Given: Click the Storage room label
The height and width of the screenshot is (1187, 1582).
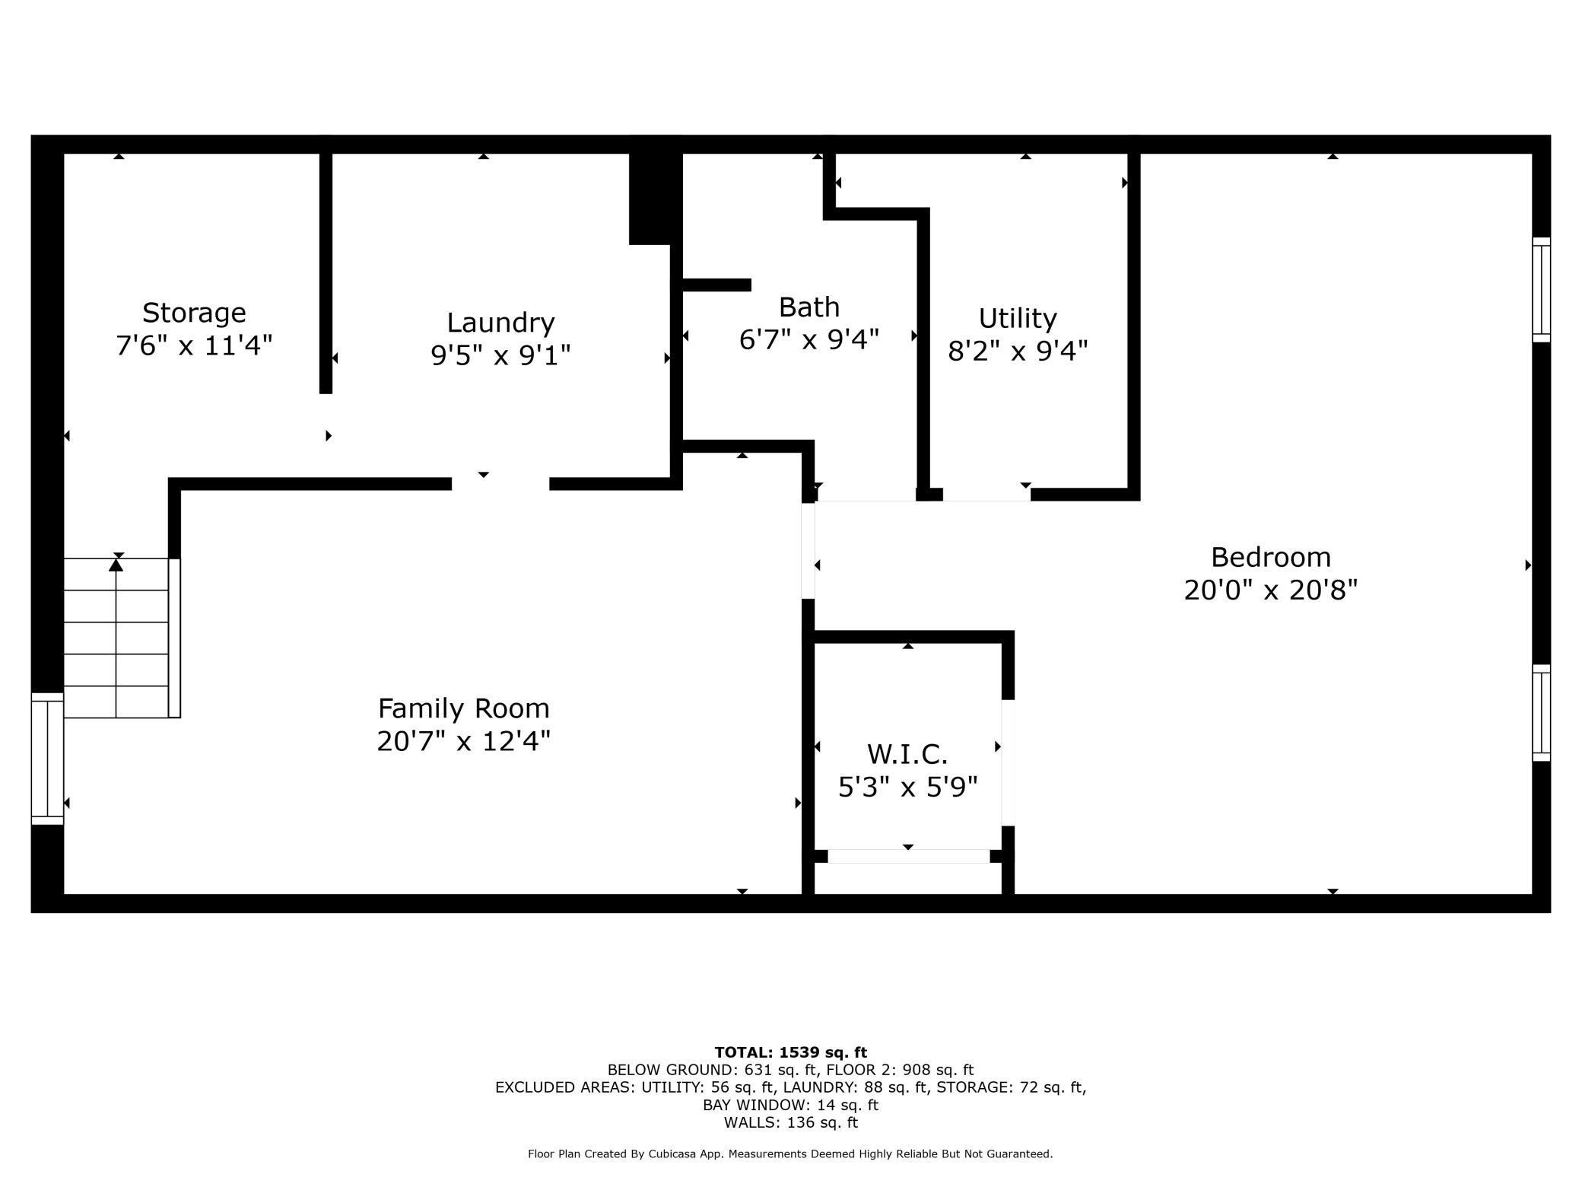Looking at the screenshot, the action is coord(194,313).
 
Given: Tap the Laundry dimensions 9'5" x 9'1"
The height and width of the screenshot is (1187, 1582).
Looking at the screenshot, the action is coord(500,355).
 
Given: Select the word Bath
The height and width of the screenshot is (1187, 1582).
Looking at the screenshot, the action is coord(809,307).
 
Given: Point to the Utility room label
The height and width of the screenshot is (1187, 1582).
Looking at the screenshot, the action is coord(1018,319).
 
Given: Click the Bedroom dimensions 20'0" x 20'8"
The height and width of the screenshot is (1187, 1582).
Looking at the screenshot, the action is coord(1271,590).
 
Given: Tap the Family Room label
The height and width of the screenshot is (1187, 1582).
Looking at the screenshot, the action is coord(463,708).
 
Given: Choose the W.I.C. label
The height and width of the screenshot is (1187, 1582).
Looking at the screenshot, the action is coord(907,754).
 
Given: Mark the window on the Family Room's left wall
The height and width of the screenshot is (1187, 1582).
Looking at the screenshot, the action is coord(47,759).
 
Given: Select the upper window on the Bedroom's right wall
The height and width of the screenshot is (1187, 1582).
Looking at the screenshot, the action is coord(1541,289).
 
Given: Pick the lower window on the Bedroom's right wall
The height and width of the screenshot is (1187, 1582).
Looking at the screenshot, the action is coord(1541,713).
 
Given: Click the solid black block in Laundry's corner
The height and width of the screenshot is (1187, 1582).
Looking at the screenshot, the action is coord(655,199).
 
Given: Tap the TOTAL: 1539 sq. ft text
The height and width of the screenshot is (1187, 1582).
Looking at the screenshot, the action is coord(791,1052).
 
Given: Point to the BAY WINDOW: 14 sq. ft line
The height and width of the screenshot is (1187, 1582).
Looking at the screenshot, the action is coord(790,1105).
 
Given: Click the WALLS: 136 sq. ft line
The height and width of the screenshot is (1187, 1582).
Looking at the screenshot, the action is coord(791,1122).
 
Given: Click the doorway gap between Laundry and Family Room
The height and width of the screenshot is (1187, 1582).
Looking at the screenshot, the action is coord(500,484).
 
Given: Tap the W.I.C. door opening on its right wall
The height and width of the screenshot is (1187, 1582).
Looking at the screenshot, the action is coord(1008,762).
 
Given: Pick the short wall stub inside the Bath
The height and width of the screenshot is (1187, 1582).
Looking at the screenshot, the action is coord(716,285).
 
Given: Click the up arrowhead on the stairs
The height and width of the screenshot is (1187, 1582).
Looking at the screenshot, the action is coord(116,565).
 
